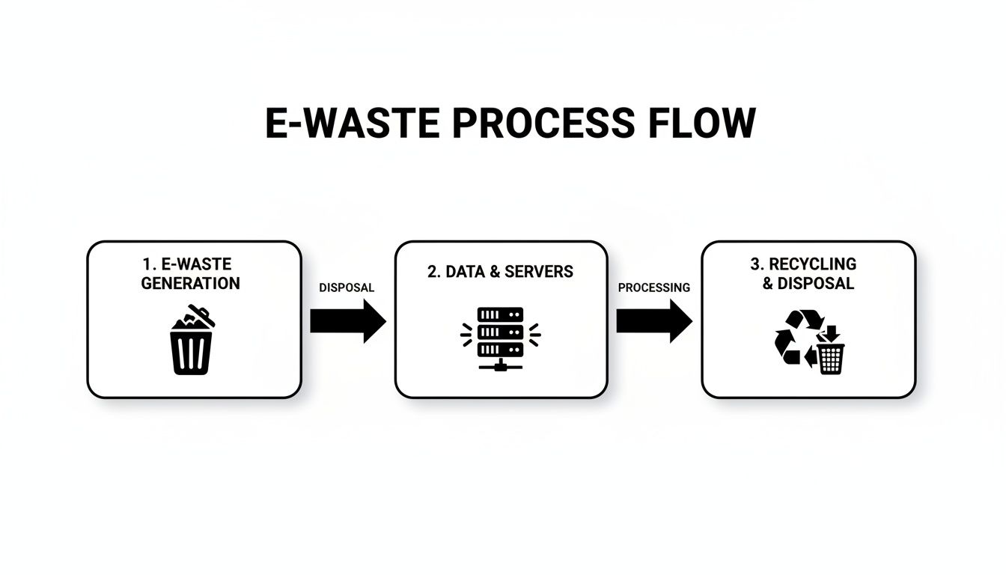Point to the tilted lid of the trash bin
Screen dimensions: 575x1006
(200, 314)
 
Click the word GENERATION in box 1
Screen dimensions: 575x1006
(190, 284)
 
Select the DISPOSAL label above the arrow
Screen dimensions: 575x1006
(346, 287)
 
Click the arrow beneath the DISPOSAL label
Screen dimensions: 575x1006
(347, 321)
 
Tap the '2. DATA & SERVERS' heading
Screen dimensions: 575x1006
(500, 272)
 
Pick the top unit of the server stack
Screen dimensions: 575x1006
(499, 315)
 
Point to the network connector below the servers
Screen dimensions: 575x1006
(499, 365)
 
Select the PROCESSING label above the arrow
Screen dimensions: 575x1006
(653, 287)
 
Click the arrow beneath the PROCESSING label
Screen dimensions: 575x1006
(653, 321)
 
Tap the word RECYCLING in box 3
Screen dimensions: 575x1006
(812, 264)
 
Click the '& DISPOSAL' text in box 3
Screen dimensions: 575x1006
(808, 284)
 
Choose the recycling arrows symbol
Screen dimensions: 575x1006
(794, 338)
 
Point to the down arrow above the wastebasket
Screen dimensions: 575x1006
(830, 333)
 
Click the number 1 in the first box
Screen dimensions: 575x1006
(146, 264)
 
